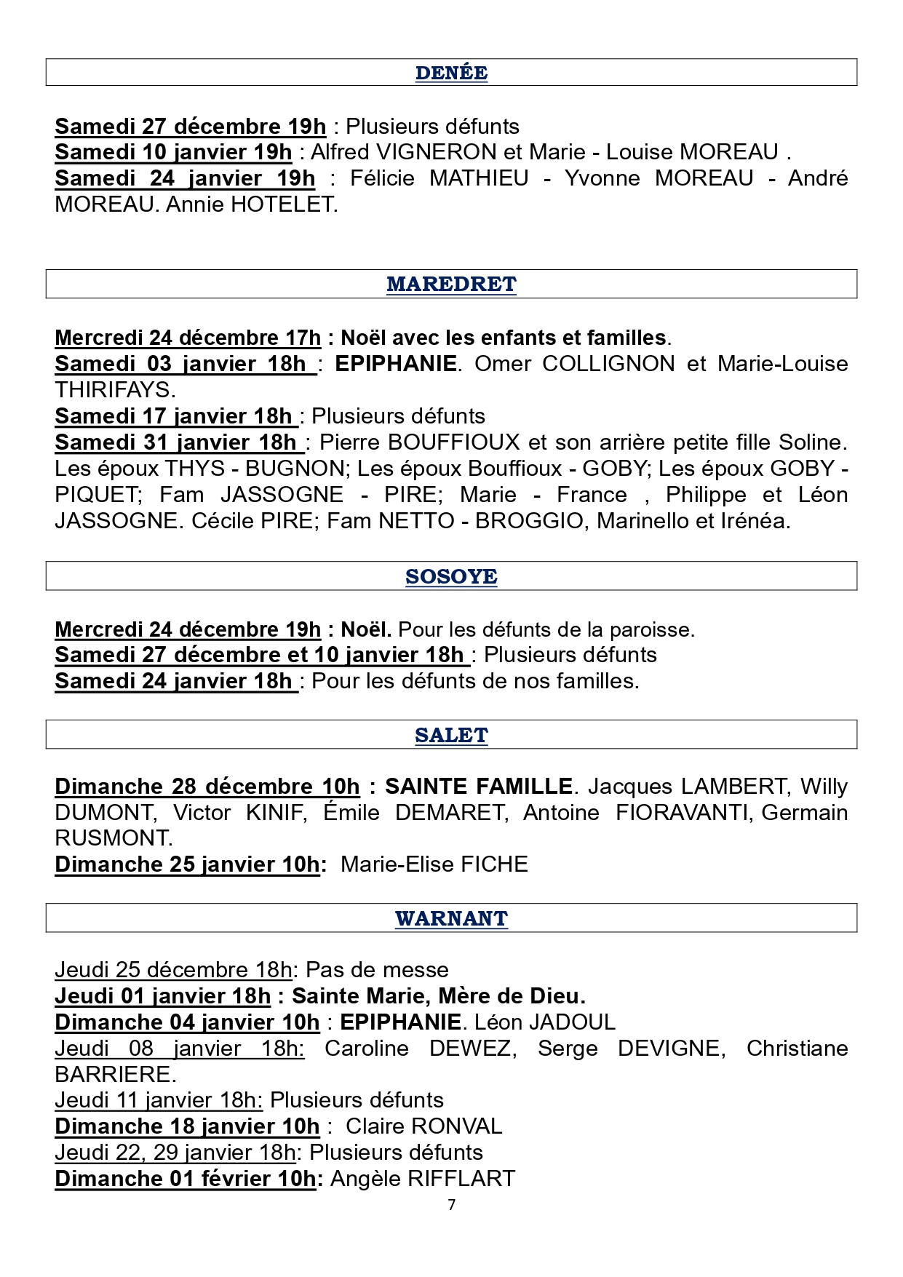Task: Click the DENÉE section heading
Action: (451, 73)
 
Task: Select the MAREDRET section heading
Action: (451, 284)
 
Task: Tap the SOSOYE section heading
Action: (451, 576)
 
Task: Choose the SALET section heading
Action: (451, 735)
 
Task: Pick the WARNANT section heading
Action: (451, 918)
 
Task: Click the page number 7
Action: (452, 1205)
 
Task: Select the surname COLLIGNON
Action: (608, 364)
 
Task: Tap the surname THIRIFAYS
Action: (114, 390)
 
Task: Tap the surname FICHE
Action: (494, 864)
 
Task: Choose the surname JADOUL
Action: (572, 1022)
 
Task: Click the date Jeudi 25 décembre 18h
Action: (173, 970)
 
